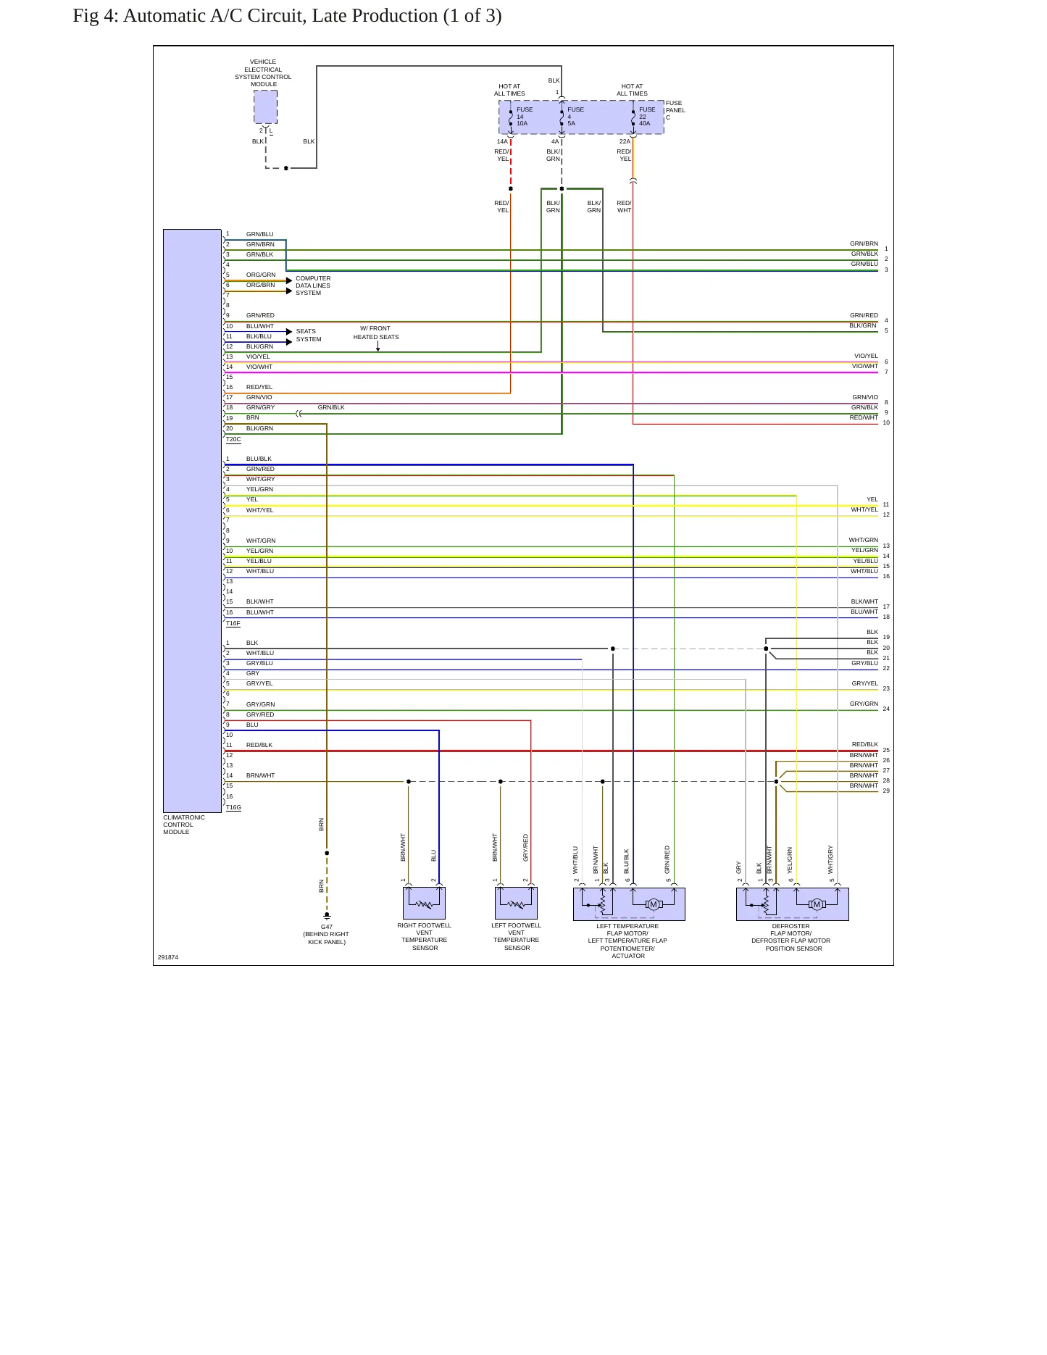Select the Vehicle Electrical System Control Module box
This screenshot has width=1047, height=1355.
pos(265,107)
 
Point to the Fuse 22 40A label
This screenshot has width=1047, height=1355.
pos(646,117)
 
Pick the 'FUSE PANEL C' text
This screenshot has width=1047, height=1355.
pos(675,110)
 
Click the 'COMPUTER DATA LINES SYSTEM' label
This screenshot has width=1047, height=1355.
pos(313,285)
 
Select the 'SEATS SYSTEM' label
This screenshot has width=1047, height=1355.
pos(308,335)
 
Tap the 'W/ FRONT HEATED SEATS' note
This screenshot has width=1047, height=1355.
pos(376,333)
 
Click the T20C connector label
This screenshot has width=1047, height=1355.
pos(233,439)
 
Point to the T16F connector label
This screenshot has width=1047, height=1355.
pos(233,623)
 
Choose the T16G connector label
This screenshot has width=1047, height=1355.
pos(233,807)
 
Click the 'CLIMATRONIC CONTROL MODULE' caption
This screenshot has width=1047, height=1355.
pos(184,825)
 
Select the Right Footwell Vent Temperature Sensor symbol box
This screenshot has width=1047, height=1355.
pos(424,904)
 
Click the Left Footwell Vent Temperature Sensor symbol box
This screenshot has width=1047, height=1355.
pos(516,904)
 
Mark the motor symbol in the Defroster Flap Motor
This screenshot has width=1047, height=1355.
pos(817,904)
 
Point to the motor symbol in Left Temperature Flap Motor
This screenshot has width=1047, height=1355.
pos(654,904)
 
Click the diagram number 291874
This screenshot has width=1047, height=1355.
pos(168,957)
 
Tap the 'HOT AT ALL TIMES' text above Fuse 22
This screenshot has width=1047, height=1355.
pos(632,90)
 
